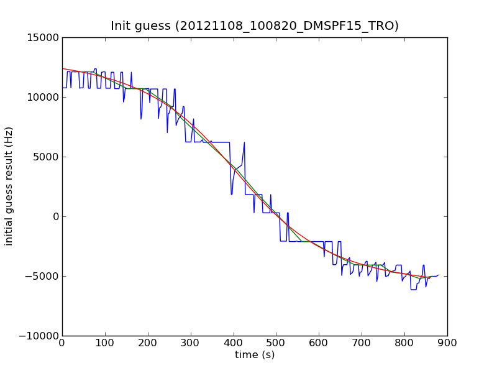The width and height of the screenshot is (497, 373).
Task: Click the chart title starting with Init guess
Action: (255, 26)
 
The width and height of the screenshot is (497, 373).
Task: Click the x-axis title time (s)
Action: (255, 355)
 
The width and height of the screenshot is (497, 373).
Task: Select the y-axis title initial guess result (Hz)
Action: (9, 186)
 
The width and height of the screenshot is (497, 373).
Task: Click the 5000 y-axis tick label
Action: (48, 157)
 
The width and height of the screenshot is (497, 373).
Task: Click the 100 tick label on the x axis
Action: (105, 344)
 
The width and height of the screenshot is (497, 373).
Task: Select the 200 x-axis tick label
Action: (148, 344)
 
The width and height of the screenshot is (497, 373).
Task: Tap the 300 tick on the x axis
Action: (191, 344)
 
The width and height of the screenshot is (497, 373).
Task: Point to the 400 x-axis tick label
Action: (234, 344)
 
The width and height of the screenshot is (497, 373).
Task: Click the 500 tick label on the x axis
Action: (276, 344)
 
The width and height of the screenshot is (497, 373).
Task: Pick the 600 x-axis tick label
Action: (319, 344)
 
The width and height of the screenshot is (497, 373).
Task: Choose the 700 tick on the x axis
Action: (362, 344)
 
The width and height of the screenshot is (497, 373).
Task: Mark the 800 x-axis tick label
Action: (404, 344)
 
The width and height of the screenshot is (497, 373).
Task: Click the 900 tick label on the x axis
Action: (447, 344)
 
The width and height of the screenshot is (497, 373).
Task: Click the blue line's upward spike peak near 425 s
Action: (244, 142)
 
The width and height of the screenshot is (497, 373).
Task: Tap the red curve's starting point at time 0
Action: (63, 68)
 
